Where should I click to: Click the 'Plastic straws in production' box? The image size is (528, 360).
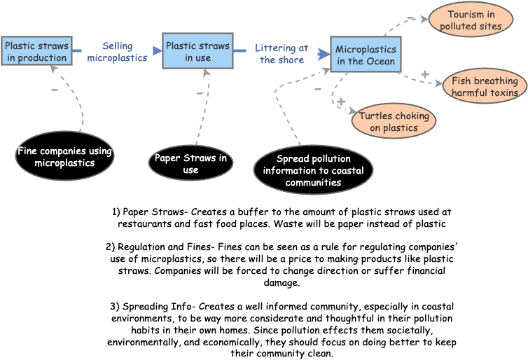pos(36,51)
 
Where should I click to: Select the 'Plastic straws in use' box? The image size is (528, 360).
pos(197,51)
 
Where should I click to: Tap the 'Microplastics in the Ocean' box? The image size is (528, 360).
pos(366,55)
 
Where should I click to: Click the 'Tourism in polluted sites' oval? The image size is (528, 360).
pos(471,20)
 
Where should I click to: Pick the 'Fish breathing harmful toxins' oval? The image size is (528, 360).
pos(485,86)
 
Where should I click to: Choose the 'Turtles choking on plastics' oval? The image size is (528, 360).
pos(394,121)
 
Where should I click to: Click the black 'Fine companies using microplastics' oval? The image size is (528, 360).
pos(64,156)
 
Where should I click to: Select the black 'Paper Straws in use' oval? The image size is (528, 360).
pos(190,164)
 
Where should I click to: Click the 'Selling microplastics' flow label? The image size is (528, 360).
pos(117,52)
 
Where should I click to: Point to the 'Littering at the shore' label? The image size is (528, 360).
pos(282,54)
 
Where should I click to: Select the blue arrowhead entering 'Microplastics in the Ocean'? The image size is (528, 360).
pos(324,53)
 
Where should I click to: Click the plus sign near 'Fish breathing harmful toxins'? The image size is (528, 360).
pos(424,74)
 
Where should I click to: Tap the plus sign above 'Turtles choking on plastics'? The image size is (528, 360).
pos(341,102)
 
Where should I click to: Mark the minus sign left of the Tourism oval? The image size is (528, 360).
pos(410,18)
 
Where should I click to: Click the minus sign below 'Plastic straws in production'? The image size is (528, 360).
pos(55,90)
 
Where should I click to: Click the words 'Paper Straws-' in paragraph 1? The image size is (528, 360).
pos(156,212)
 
